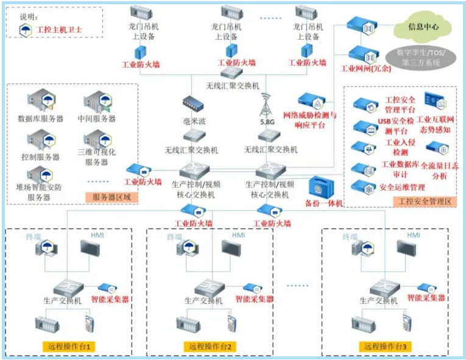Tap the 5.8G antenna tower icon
tap(264, 108)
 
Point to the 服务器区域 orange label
tap(112, 197)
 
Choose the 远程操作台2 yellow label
tap(208, 347)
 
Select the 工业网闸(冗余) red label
tap(365, 68)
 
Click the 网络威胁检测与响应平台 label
tap(310, 119)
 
